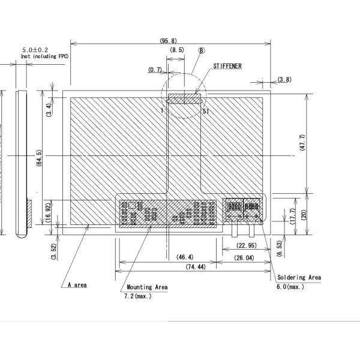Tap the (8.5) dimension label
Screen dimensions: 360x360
(x=178, y=50)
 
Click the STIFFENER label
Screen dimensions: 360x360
(x=227, y=66)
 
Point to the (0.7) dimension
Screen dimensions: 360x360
(x=155, y=70)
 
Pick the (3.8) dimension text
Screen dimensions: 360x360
(x=284, y=79)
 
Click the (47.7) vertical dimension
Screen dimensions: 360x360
(x=302, y=143)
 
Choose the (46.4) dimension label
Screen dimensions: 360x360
(x=184, y=257)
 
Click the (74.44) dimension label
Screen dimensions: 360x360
(x=196, y=266)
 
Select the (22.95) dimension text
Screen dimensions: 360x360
(x=247, y=245)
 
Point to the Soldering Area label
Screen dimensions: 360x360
(x=299, y=278)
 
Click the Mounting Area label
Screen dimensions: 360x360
(x=147, y=287)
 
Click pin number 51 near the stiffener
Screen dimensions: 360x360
(x=206, y=111)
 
